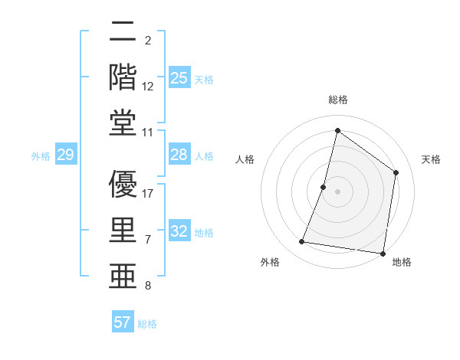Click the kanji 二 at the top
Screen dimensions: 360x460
(x=123, y=33)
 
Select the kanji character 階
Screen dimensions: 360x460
(x=123, y=77)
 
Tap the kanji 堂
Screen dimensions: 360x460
(x=123, y=123)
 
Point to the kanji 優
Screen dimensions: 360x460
(x=123, y=184)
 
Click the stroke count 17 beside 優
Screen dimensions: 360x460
(x=149, y=194)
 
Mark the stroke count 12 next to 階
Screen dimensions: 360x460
(x=149, y=86)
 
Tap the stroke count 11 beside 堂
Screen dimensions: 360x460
(x=149, y=133)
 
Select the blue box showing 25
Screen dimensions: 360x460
(x=179, y=78)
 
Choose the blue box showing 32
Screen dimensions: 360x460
(x=179, y=232)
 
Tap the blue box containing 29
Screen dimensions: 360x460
(x=65, y=155)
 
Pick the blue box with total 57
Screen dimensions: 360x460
(x=123, y=322)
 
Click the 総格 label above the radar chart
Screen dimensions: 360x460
(x=338, y=100)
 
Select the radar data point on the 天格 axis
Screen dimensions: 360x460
(x=396, y=172)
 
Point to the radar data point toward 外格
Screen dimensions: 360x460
(x=301, y=242)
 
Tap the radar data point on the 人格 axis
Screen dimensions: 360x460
(x=324, y=187)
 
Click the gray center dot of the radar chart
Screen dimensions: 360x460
(x=338, y=191)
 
